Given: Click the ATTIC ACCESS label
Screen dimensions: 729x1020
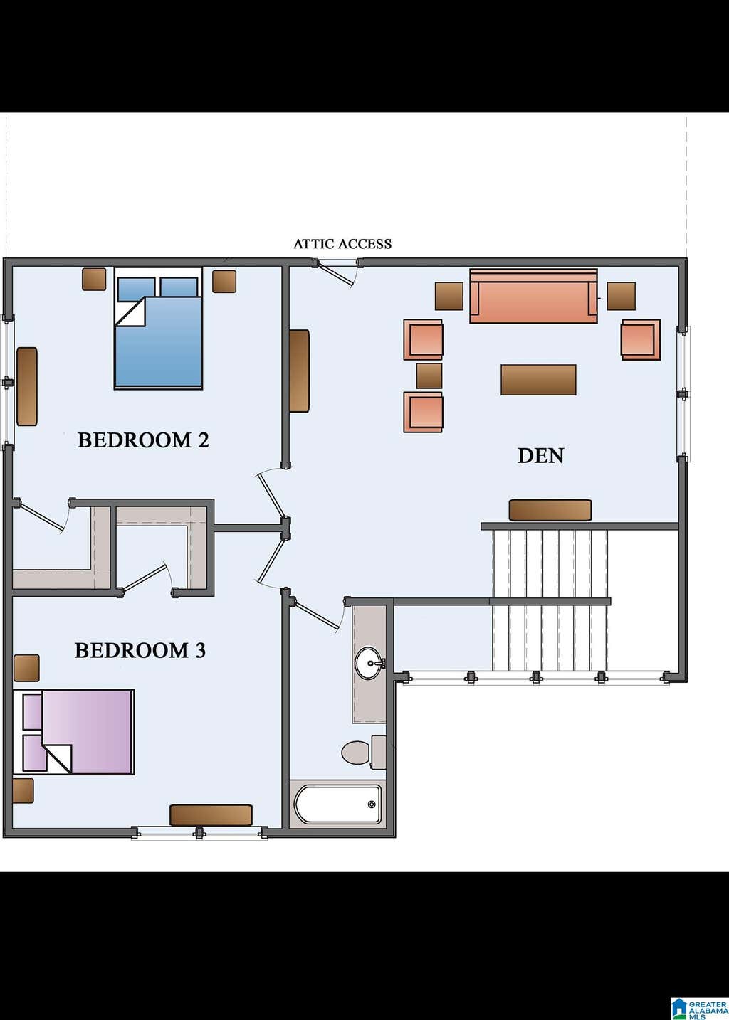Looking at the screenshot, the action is (x=342, y=244).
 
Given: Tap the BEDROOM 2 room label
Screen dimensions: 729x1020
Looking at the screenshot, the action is (x=143, y=440).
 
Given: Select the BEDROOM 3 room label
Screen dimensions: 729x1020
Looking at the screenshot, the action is (x=140, y=650).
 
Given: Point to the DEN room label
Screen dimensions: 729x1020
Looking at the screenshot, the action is (x=541, y=455).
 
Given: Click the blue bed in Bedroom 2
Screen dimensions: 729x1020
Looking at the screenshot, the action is (x=158, y=329).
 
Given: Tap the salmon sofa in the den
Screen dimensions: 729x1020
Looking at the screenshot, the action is (x=533, y=296).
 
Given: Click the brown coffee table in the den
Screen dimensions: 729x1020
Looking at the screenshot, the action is (x=538, y=380).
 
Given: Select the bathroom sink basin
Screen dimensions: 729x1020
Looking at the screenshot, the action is (x=369, y=662).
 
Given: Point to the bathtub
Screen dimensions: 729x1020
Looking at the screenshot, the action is (x=337, y=804).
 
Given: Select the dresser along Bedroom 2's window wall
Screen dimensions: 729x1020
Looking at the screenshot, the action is (x=27, y=387).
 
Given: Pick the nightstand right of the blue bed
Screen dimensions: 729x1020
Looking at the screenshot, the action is (x=224, y=282).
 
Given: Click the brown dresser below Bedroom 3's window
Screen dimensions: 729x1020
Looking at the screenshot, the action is (x=211, y=815).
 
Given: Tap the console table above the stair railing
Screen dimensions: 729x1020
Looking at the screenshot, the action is (x=550, y=510).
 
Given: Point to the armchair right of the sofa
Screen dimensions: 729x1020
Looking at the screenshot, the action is (x=641, y=340).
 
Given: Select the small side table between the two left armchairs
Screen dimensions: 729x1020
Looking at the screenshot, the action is (x=429, y=376).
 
